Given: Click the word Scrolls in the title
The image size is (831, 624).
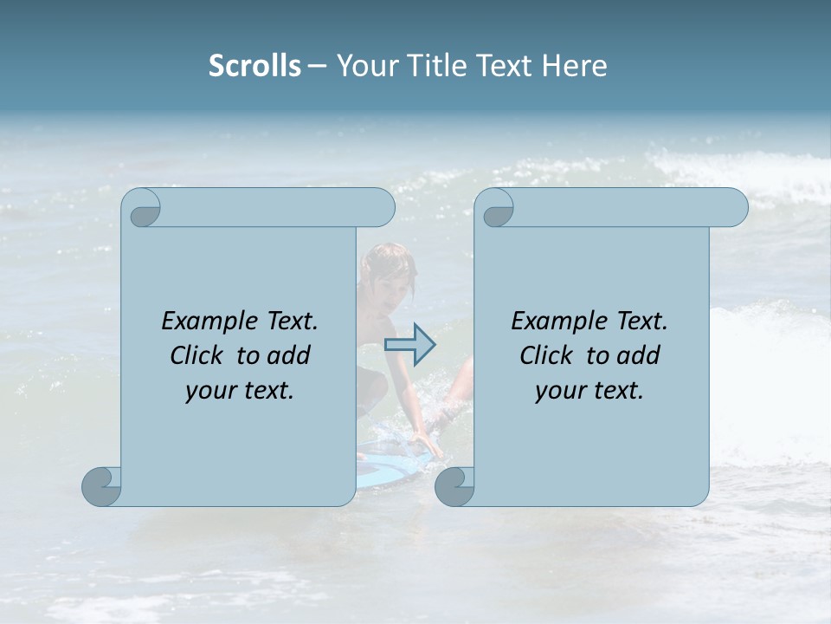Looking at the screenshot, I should coord(254,66).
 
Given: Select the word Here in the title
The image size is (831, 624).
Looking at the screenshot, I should coord(575,66).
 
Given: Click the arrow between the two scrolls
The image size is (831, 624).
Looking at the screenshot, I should coord(409,344).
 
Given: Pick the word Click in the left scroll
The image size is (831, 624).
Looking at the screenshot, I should coord(196,355).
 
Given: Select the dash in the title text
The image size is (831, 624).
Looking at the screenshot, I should coord(318,66).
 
